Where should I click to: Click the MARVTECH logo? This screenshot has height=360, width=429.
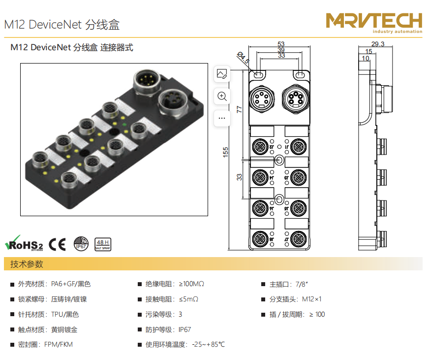[374, 22]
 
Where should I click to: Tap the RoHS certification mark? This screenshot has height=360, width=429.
[24, 243]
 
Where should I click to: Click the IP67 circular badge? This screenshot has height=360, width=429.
[81, 244]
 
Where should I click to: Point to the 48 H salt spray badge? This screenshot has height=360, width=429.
[102, 244]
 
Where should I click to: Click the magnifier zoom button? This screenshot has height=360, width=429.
[222, 97]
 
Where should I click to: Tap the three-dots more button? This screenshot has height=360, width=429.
[222, 118]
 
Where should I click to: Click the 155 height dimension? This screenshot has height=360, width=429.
[226, 152]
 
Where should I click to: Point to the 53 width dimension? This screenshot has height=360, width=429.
[281, 44]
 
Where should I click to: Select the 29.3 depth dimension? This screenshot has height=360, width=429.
[378, 44]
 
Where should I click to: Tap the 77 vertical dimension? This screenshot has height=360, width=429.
[240, 109]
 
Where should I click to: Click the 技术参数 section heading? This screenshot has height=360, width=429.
[27, 264]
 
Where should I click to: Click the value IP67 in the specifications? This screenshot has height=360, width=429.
[184, 330]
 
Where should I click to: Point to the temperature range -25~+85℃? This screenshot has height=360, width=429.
[208, 345]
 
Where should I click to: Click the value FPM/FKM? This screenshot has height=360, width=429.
[58, 345]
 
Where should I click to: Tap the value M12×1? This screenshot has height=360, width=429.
[311, 299]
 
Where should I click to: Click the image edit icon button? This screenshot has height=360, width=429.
[222, 74]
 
